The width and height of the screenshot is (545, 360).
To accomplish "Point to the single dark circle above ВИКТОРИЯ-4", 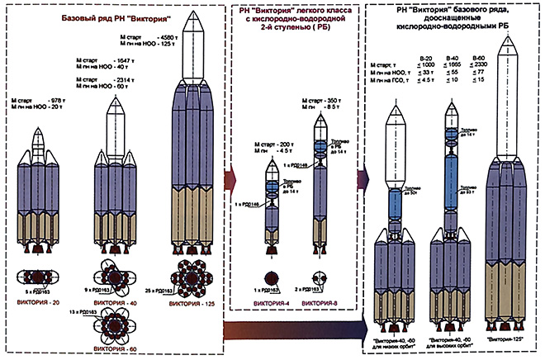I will pyautogui.click(x=273, y=278).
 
